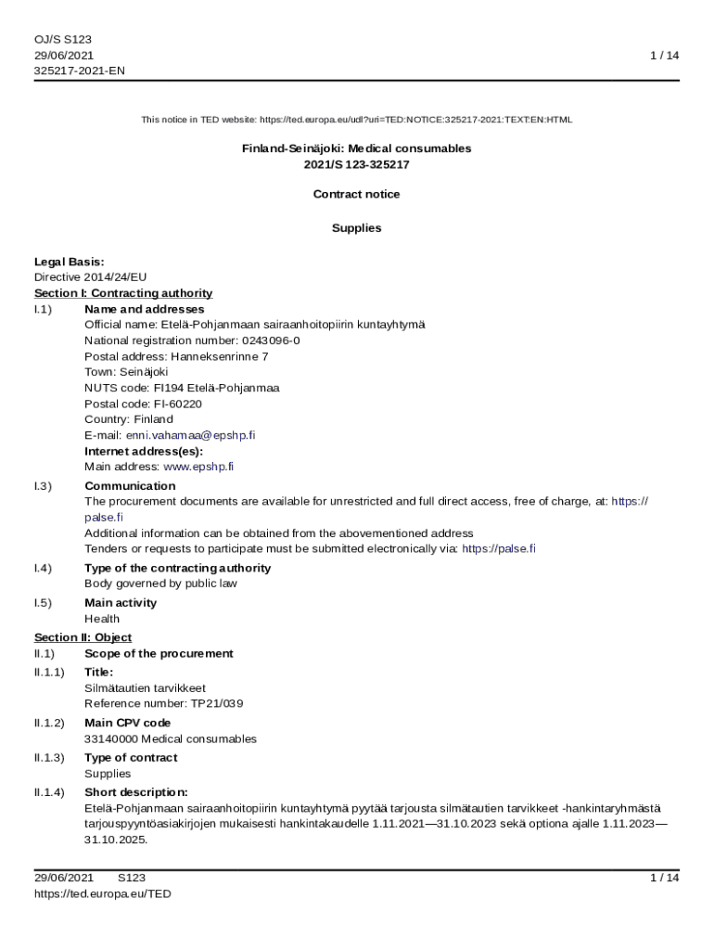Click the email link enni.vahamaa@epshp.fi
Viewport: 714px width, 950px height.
tap(190, 435)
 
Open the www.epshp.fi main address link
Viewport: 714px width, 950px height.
tap(198, 467)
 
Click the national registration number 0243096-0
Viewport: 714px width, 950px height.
tap(271, 340)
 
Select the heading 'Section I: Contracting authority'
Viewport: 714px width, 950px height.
tap(123, 293)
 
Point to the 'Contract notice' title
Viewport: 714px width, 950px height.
tap(357, 194)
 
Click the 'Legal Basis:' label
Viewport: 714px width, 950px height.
tap(70, 262)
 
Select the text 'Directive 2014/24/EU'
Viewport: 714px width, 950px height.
tap(91, 277)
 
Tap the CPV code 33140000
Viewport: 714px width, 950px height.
tap(111, 739)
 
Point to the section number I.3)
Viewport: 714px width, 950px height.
tap(43, 486)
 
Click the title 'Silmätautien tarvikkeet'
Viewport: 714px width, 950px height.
tap(146, 688)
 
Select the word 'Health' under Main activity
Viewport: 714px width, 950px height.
tap(102, 619)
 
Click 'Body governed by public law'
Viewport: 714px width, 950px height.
tap(160, 584)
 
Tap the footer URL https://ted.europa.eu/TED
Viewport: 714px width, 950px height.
tap(103, 893)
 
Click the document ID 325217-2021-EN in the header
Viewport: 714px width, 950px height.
tap(80, 71)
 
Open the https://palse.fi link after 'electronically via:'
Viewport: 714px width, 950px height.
tap(498, 548)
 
